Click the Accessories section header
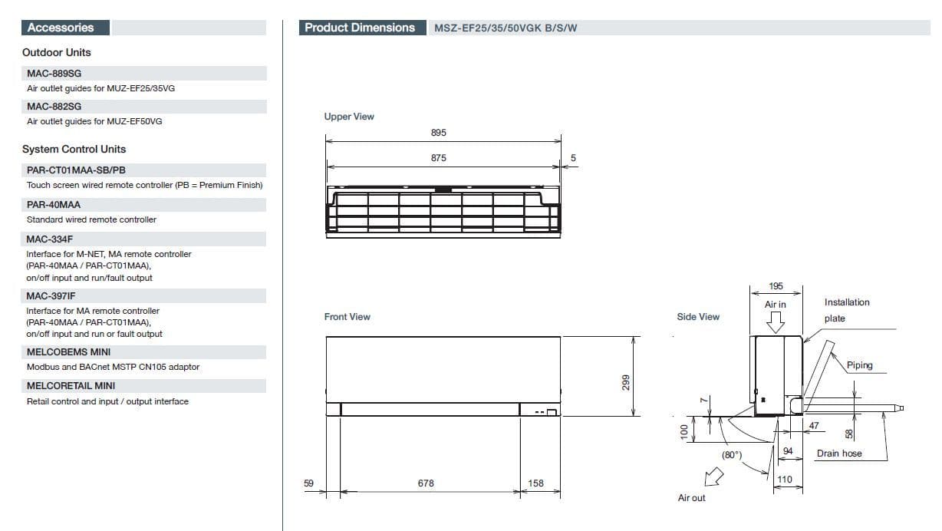61,28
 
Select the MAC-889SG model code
54,74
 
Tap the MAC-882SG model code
54,107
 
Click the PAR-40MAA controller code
54,205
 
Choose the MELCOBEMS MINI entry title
68,352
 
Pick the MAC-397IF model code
51,296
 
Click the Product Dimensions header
360,28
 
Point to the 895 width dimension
438,133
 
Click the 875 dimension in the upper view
438,158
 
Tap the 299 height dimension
626,382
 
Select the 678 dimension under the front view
426,483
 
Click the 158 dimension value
535,483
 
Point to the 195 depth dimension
776,286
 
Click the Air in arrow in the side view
775,323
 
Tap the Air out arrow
713,477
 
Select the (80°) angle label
732,455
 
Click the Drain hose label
839,453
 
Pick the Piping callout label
860,365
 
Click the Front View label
347,317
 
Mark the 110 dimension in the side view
785,480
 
